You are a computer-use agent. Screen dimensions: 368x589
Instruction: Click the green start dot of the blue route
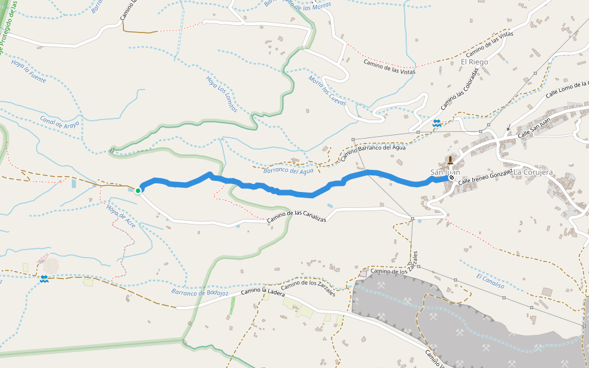138,191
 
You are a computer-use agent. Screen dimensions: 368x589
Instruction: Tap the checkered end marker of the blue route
452,178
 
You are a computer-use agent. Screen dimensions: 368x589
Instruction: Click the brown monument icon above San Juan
450,161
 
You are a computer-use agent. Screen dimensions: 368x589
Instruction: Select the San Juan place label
445,172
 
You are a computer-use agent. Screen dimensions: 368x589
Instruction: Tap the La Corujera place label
533,172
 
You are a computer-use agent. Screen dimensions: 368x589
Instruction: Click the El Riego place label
474,62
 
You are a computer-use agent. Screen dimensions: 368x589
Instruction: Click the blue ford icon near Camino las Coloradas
437,123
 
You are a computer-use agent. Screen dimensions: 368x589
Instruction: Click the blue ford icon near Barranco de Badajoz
44,279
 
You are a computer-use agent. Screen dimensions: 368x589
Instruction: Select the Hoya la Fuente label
28,72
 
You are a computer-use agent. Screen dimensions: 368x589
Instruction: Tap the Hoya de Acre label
120,216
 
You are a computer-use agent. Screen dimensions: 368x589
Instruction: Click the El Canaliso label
490,281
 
